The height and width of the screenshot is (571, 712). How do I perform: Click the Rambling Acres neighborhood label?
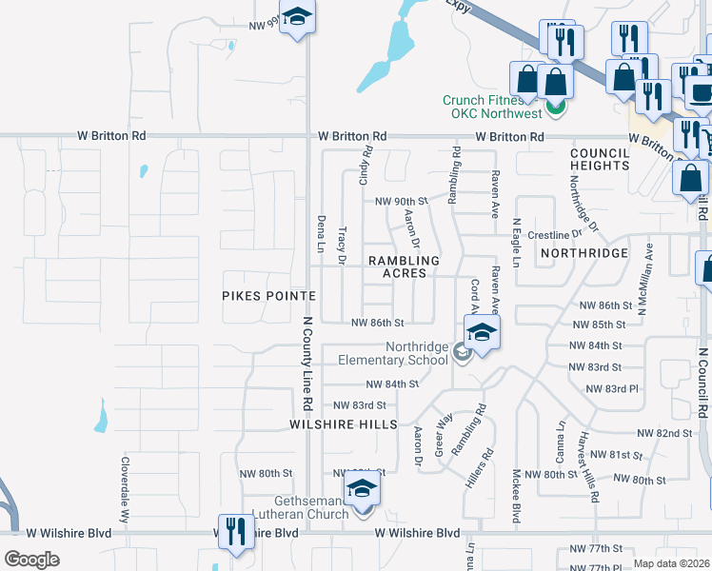[404, 266]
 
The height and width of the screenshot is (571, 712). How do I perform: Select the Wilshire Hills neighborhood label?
[345, 424]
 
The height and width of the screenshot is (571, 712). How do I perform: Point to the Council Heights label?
[600, 159]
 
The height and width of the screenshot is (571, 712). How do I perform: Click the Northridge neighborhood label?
[583, 253]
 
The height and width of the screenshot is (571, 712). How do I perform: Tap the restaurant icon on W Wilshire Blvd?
[234, 531]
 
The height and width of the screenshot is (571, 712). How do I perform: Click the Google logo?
[31, 560]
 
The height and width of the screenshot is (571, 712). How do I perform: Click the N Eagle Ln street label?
[516, 245]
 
